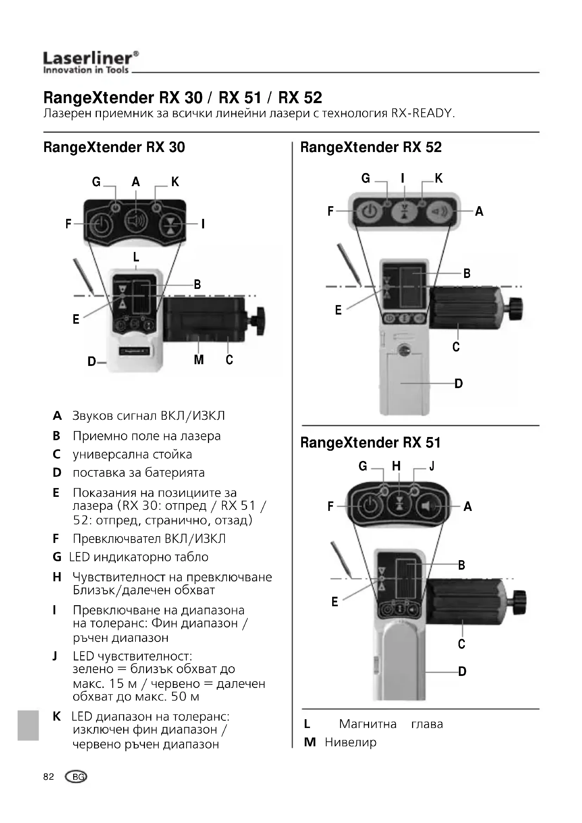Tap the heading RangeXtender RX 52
[x=371, y=147]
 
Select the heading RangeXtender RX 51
[x=370, y=443]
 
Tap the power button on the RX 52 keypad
[x=367, y=212]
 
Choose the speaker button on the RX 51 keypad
[x=429, y=506]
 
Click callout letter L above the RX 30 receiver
[x=136, y=257]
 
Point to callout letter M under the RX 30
[x=198, y=360]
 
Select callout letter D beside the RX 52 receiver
[x=458, y=384]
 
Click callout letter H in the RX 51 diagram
[x=396, y=466]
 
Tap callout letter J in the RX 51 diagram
[x=432, y=466]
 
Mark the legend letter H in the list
[x=57, y=577]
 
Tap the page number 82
[x=48, y=777]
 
